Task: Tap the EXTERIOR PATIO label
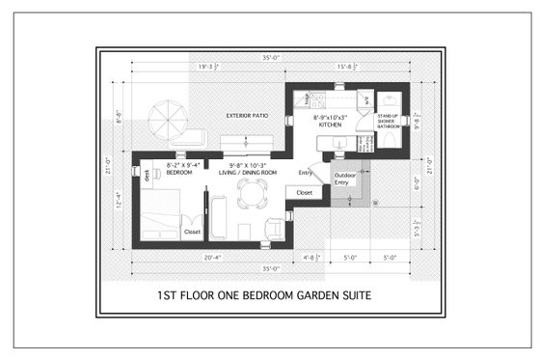(x=247, y=116)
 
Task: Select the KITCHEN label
(x=332, y=125)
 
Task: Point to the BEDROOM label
(x=179, y=172)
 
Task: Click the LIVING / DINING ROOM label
(x=253, y=172)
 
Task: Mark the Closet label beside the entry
(x=305, y=193)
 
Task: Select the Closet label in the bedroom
(x=193, y=232)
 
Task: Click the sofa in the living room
(x=218, y=216)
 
